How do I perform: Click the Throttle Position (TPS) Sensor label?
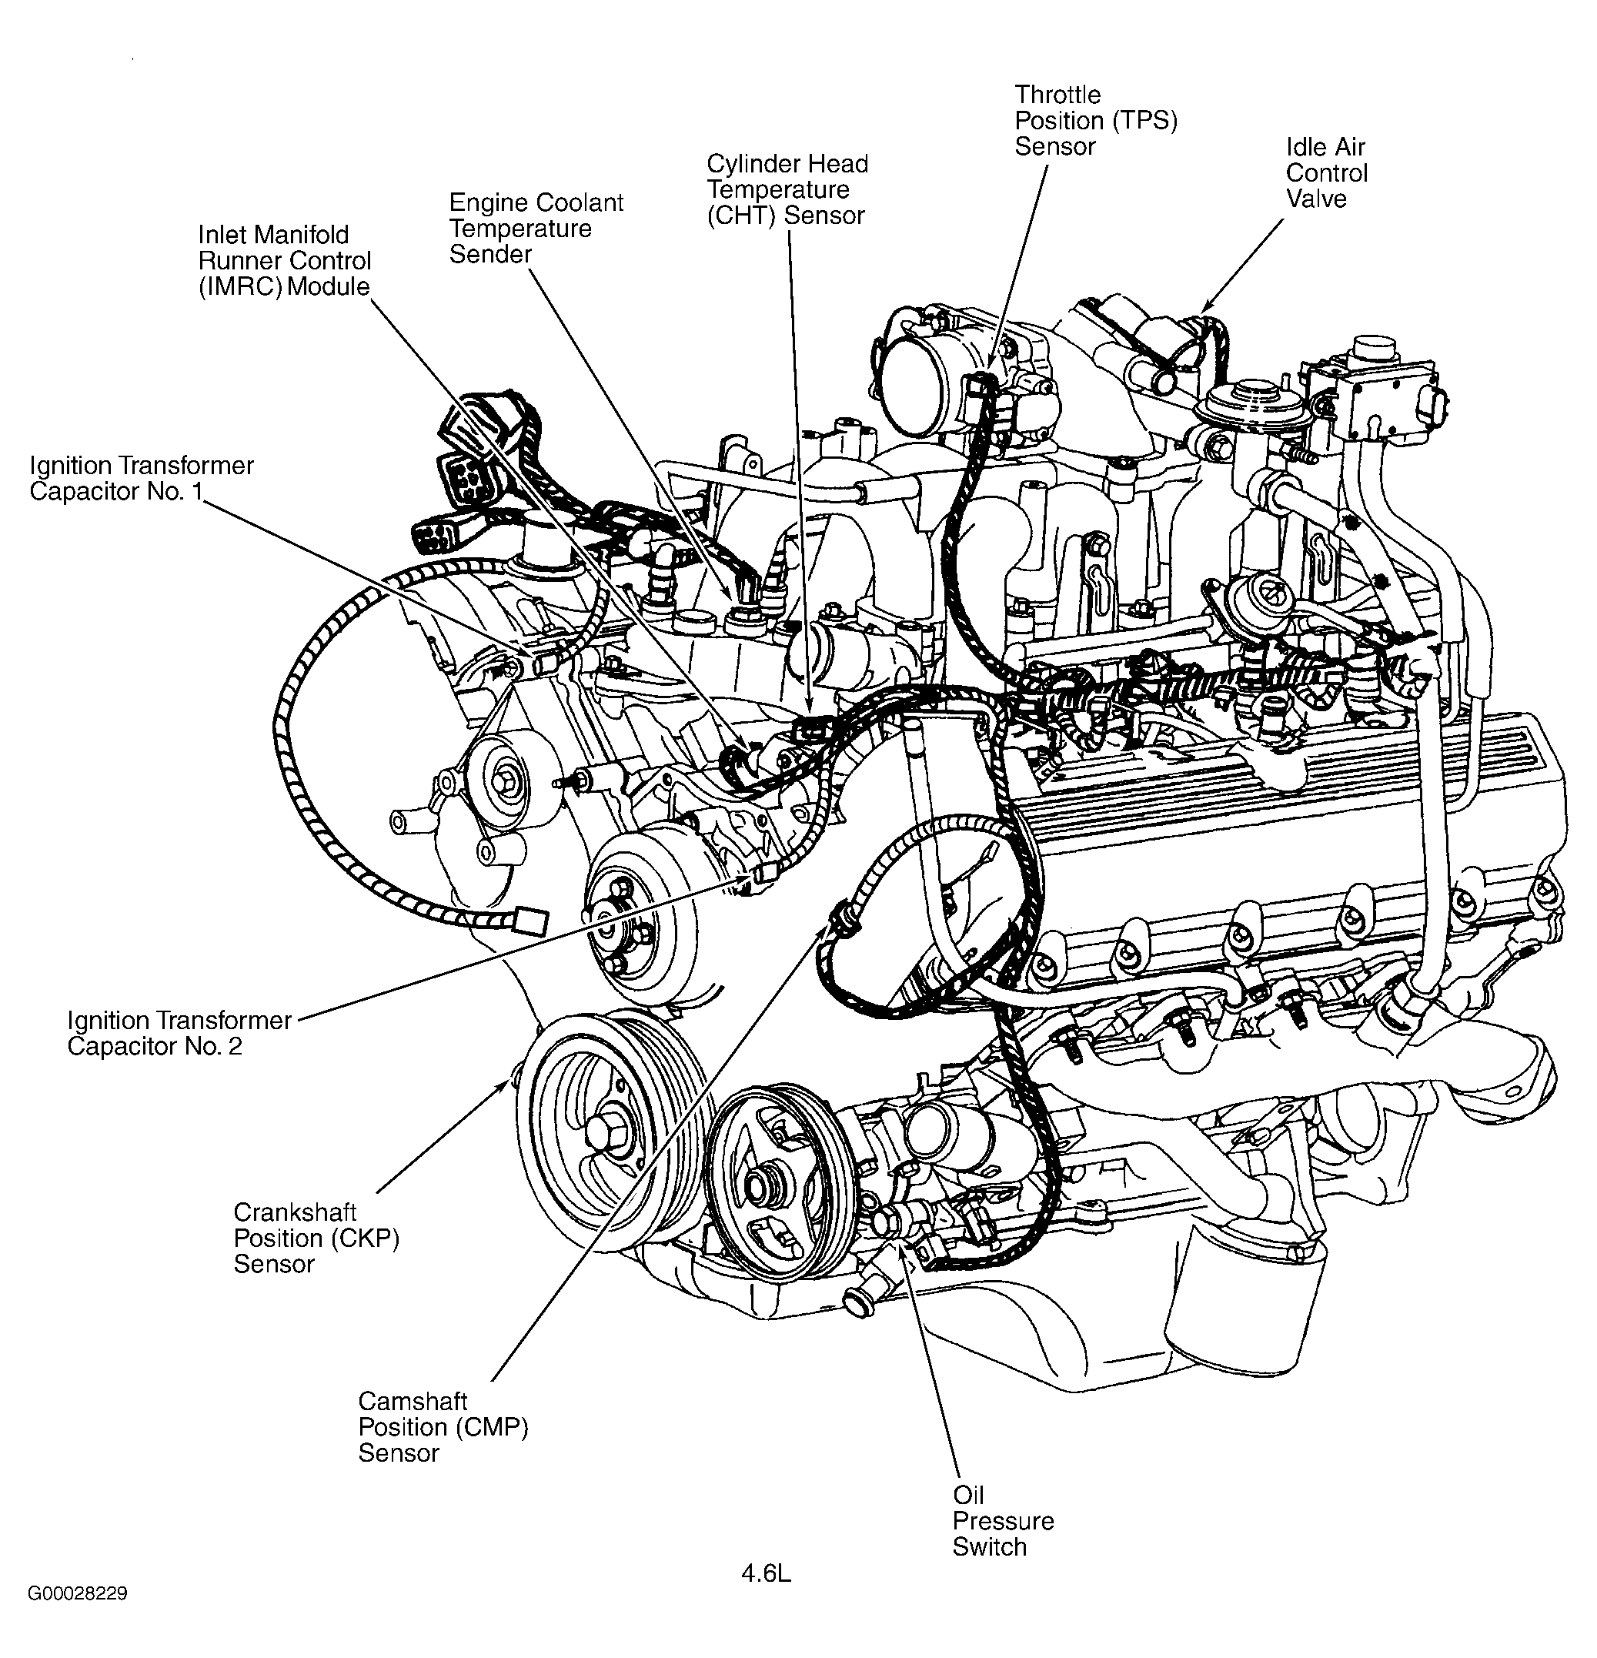coord(1095,120)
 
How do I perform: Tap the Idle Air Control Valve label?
coord(1325,172)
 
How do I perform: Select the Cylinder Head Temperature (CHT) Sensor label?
coord(787,189)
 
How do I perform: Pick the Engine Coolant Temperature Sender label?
coord(536,229)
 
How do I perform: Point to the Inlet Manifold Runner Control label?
coord(284,259)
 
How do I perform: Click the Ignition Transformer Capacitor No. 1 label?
coord(142,478)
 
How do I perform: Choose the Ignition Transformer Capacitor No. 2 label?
coord(179,1033)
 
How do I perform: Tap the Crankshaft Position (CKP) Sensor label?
coord(316,1238)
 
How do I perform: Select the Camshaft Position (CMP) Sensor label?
coord(443,1427)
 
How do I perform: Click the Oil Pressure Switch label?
coord(1002,1520)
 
